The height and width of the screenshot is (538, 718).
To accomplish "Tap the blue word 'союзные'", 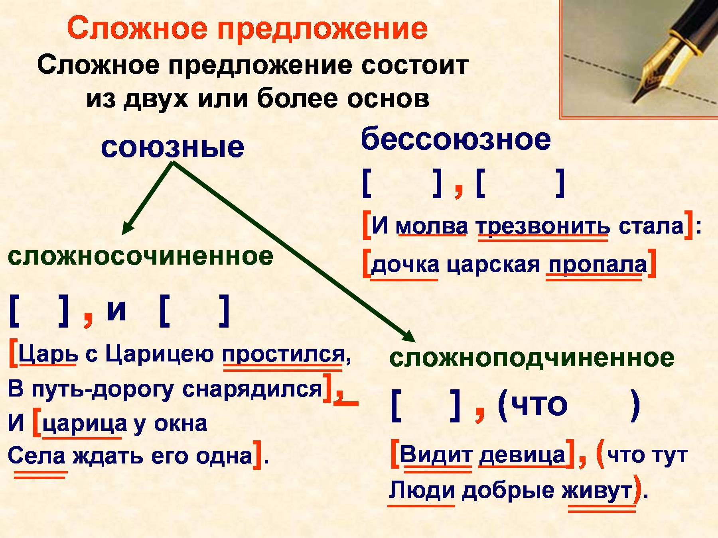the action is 172,147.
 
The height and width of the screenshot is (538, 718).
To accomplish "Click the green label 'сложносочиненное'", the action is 140,256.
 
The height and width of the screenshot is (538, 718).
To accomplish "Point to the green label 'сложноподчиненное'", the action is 532,357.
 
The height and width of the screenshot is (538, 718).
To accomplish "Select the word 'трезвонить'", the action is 543,227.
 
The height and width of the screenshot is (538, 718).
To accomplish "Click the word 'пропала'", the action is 598,265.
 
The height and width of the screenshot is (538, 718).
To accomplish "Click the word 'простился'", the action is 283,354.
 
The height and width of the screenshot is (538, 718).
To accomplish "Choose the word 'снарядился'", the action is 252,389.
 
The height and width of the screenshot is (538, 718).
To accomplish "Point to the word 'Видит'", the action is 436,454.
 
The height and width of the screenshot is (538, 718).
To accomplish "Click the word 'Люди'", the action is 422,490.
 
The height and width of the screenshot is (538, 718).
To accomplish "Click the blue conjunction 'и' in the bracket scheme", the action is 116,310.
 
